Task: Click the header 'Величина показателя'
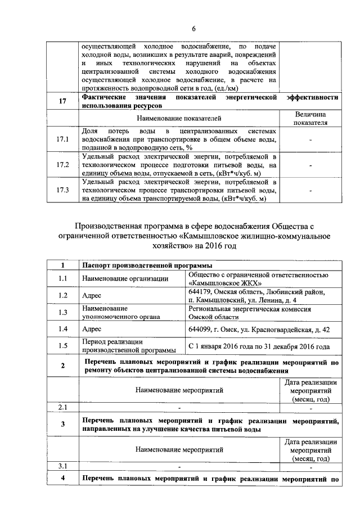pyautogui.click(x=310, y=118)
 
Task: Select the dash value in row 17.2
pyautogui.click(x=310, y=165)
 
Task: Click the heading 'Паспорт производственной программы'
pyautogui.click(x=147, y=265)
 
